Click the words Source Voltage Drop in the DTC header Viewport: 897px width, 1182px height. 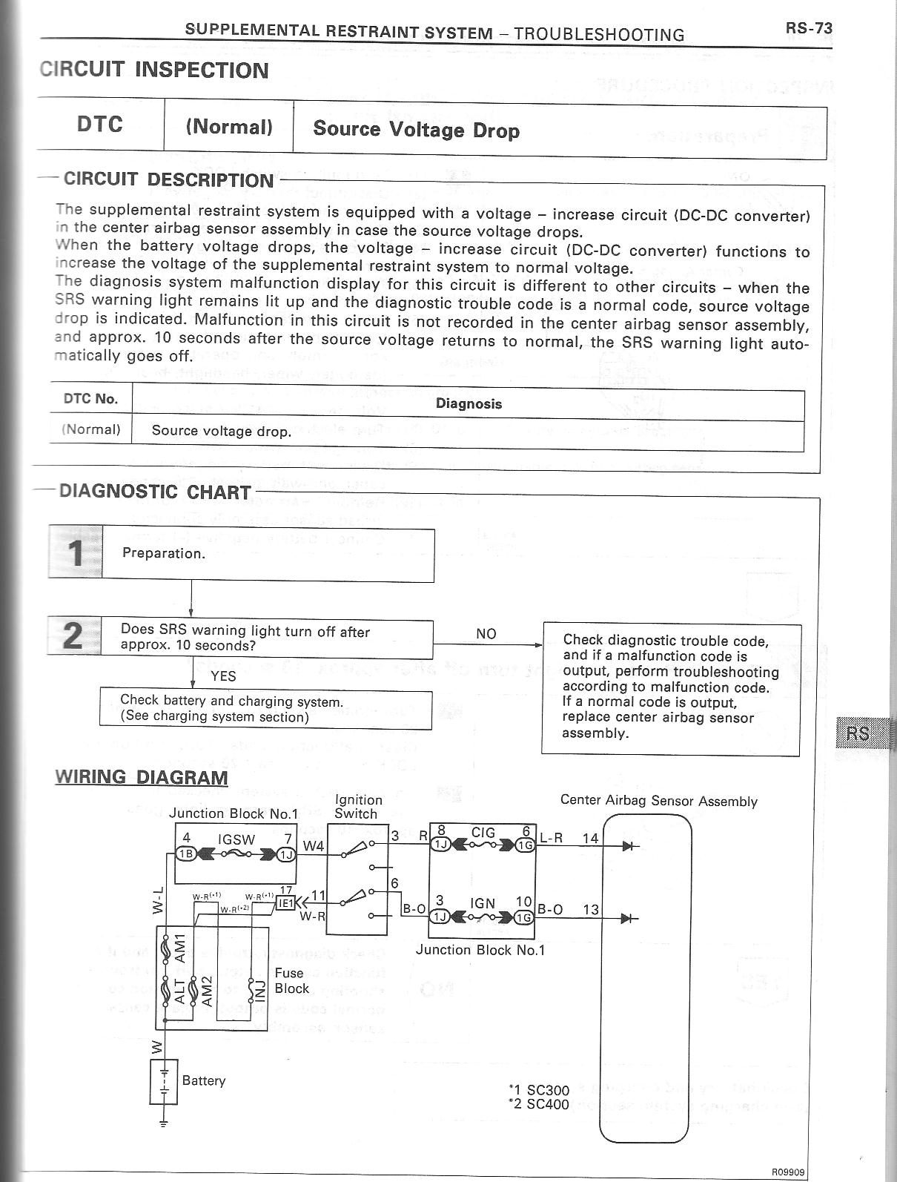416,130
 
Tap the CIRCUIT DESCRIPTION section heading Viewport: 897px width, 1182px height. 168,180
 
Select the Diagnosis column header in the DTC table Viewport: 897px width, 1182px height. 469,404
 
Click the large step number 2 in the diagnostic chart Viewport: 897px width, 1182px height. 73,636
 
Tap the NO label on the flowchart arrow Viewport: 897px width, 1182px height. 486,634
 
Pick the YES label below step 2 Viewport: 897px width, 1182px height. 223,676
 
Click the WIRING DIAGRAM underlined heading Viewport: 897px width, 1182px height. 142,777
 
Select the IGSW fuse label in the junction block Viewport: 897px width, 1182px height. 236,840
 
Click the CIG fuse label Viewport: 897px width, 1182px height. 483,832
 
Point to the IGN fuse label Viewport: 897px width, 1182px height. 483,904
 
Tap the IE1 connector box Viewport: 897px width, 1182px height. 285,903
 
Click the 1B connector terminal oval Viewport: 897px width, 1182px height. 184,854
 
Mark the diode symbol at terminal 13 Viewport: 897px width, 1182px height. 629,919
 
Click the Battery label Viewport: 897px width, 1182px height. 204,1080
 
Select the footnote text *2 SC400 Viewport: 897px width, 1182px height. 539,1104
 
